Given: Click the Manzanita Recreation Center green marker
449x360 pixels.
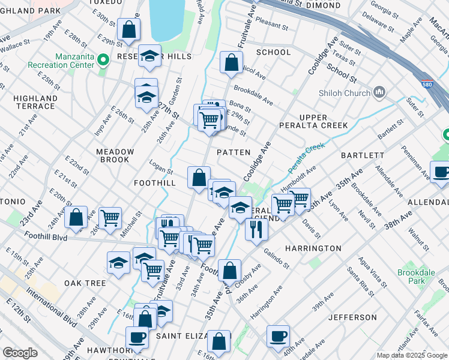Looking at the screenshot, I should click(103, 59).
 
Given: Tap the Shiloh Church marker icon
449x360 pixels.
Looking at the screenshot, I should click(379, 92).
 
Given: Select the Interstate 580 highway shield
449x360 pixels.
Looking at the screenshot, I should click(427, 85).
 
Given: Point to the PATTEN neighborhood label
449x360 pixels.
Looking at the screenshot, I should click(233, 152).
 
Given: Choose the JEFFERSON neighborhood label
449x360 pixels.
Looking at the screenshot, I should click(352, 317).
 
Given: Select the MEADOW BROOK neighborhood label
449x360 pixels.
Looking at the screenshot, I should click(115, 156).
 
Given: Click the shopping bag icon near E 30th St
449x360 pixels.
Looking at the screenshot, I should click(128, 28).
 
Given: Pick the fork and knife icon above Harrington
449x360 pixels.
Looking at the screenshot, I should click(256, 229).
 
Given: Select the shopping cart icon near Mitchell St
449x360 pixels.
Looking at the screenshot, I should click(110, 217).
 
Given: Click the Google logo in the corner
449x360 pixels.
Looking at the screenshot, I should click(20, 353).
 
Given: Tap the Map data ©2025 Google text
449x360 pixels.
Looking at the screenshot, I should click(411, 355).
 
